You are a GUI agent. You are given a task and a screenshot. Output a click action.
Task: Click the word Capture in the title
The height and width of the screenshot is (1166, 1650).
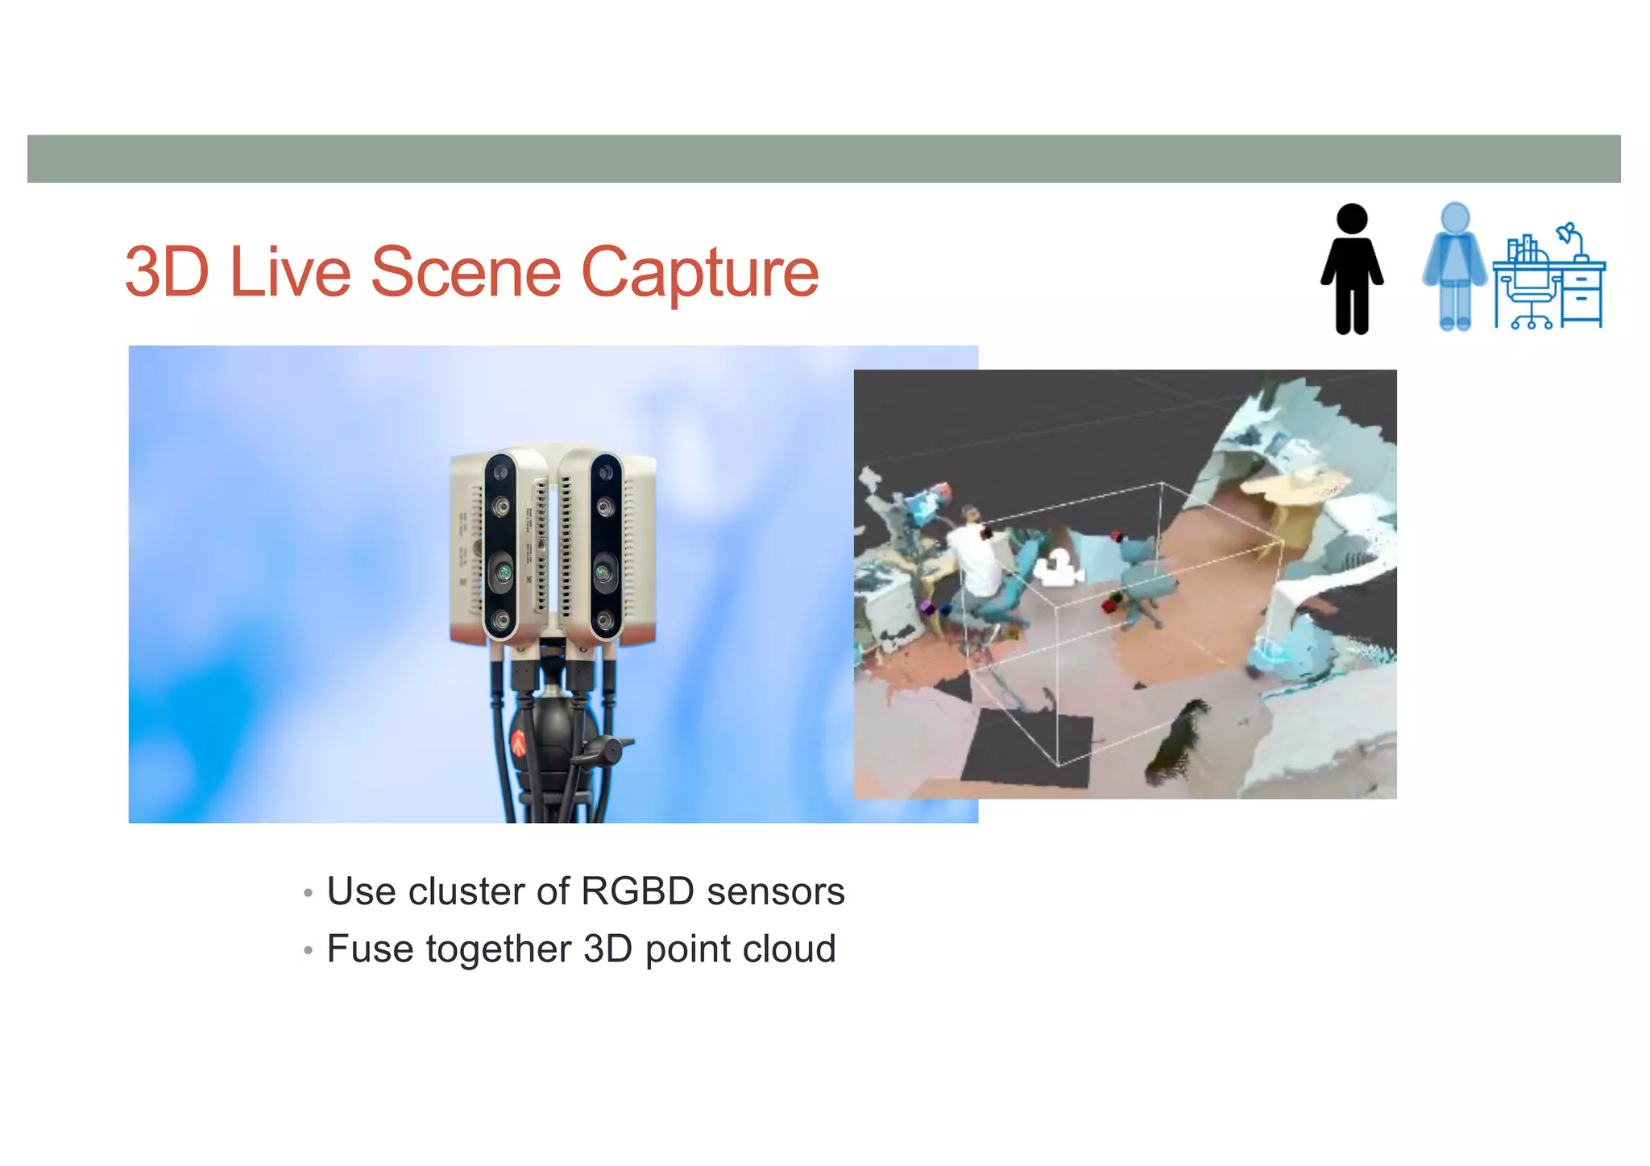[x=699, y=274]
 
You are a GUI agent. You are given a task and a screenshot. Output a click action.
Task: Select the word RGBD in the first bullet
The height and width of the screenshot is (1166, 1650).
[x=636, y=891]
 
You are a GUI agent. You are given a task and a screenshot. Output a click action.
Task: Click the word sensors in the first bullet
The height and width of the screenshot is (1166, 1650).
[x=775, y=891]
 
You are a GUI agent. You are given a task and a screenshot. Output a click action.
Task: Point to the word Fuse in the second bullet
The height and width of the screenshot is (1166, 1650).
[x=370, y=949]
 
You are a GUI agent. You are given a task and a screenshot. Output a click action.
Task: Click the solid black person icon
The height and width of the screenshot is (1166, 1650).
[x=1352, y=270]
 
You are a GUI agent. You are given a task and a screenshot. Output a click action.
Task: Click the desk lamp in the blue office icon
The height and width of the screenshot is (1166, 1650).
[x=1571, y=238]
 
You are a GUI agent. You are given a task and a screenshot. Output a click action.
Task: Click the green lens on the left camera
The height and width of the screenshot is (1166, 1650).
[x=503, y=573]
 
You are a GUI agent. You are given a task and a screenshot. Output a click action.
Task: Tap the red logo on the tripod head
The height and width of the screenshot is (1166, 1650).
[x=519, y=742]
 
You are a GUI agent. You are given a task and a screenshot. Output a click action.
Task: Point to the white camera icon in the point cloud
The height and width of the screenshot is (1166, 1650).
[x=1057, y=569]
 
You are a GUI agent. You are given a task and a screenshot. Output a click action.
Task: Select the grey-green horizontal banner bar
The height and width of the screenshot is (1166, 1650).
[x=823, y=159]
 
